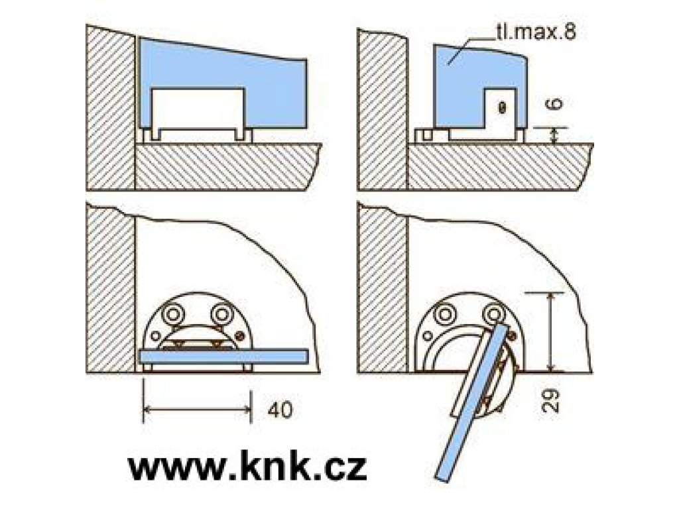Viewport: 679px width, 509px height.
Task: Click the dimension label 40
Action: (280, 410)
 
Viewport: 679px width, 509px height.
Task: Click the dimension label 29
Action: (550, 400)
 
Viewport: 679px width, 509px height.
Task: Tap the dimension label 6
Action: (556, 104)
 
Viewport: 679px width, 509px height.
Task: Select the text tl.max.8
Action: (536, 32)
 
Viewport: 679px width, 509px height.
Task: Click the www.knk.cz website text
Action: (247, 466)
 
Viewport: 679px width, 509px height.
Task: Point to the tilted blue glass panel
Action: (471, 401)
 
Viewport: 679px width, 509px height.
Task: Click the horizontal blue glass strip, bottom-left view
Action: (224, 356)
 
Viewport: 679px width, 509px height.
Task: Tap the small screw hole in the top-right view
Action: (502, 107)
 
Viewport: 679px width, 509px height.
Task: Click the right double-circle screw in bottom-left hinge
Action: (221, 313)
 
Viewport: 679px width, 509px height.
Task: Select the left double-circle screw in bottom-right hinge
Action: (445, 313)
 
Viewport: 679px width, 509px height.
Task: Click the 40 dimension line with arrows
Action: (197, 408)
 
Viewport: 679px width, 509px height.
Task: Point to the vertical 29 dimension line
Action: (551, 332)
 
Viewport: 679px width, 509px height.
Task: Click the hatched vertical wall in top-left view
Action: (110, 108)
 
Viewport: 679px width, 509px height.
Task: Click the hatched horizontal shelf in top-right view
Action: (498, 166)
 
